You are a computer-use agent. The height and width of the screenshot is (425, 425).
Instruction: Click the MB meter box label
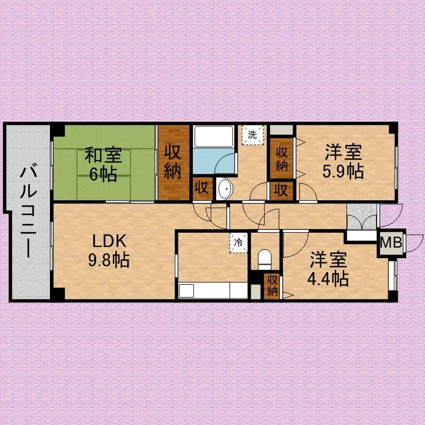[x=391, y=242]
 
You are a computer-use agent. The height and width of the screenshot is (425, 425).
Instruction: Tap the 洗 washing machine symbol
[x=252, y=135]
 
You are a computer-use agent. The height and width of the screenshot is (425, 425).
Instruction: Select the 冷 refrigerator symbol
[x=238, y=243]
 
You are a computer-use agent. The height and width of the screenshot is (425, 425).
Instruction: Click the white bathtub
[x=214, y=137]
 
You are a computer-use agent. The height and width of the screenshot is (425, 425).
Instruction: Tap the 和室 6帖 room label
[x=103, y=164]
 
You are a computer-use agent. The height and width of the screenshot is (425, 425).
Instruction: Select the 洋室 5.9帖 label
[x=343, y=161]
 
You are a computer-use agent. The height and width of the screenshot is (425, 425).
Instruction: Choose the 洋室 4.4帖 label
[x=328, y=269]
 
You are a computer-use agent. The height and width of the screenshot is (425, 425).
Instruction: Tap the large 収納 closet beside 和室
[x=174, y=163]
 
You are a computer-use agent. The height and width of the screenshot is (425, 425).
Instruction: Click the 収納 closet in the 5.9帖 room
[x=282, y=158]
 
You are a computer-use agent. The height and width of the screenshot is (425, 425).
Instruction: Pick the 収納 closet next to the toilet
[x=272, y=286]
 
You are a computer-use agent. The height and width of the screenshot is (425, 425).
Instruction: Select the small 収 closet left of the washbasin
[x=202, y=188]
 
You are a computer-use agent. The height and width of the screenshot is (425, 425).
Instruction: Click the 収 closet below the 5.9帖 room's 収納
[x=282, y=191]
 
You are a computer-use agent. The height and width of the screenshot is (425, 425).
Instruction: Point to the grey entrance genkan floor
[x=362, y=217]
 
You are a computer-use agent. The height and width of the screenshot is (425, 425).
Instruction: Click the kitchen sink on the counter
[x=186, y=291]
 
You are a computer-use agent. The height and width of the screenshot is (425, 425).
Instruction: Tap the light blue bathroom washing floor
[x=214, y=161]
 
